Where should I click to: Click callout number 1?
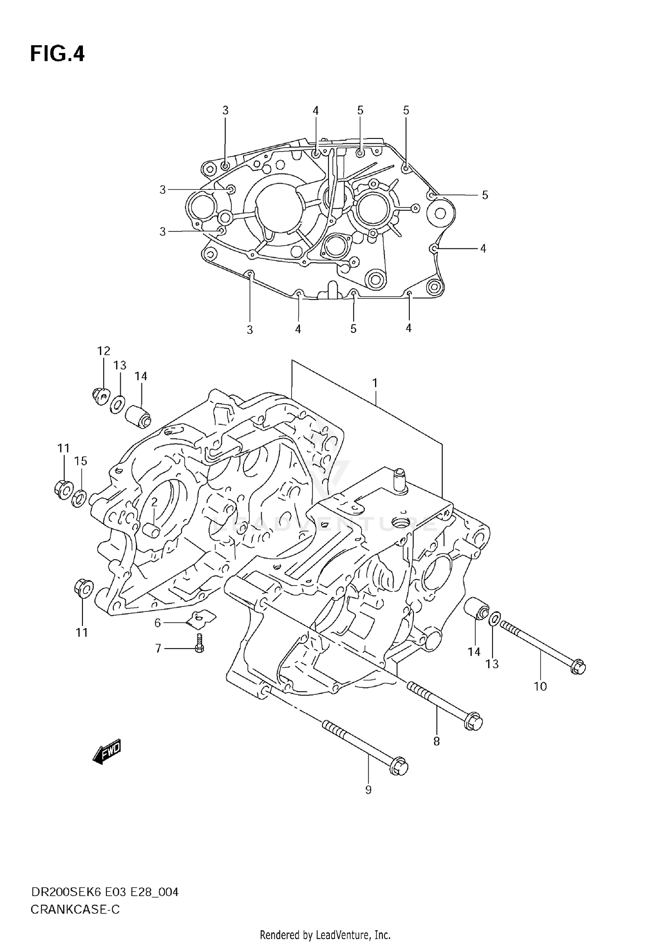click(x=375, y=383)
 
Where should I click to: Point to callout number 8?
click(x=436, y=742)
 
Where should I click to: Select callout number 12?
click(x=104, y=351)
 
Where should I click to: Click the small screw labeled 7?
click(x=200, y=648)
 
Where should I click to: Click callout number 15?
click(x=81, y=461)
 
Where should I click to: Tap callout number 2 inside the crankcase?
click(x=154, y=502)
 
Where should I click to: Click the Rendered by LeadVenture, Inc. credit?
click(x=325, y=934)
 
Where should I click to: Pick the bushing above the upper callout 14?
click(x=138, y=416)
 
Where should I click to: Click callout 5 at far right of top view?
click(x=485, y=195)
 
